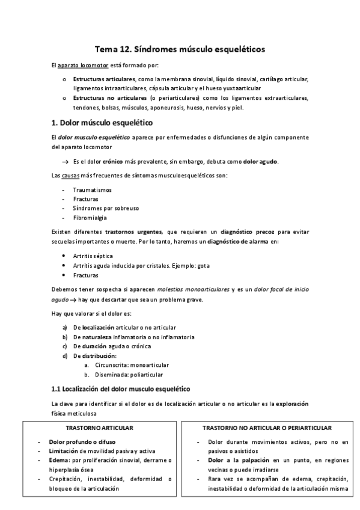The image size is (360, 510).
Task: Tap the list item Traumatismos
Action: [88, 189]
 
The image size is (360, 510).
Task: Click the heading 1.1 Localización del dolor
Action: [121, 389]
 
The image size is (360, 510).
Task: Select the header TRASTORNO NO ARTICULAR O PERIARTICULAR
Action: [267, 428]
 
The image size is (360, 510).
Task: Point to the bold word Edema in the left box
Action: [58, 460]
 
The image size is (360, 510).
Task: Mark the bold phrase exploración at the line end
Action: [285, 404]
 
